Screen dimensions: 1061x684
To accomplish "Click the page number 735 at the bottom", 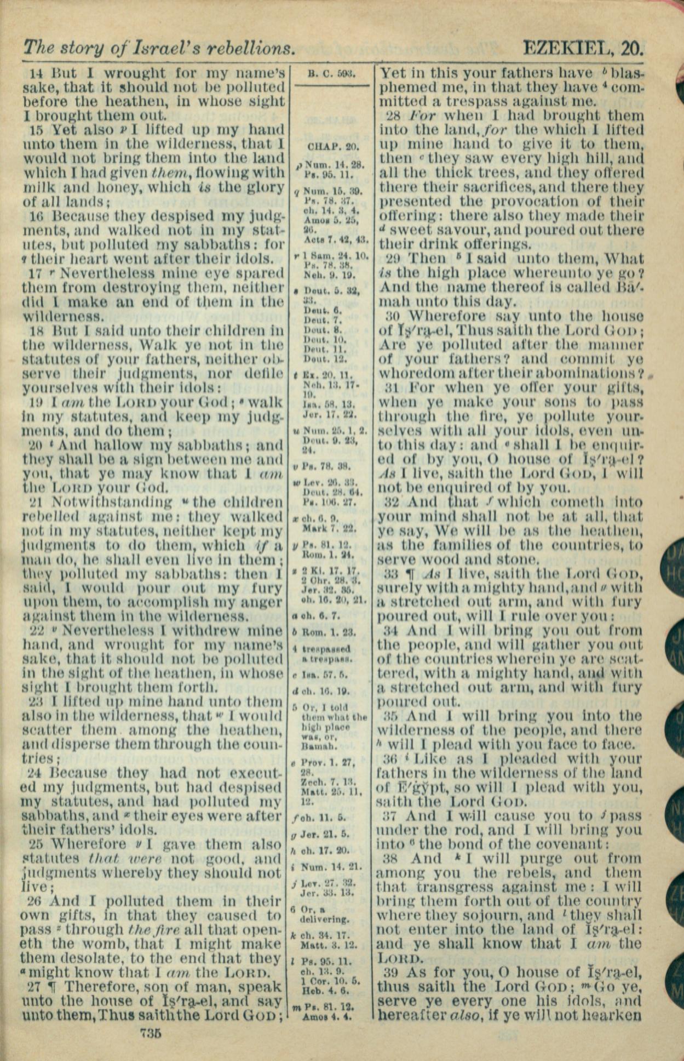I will (150, 1033).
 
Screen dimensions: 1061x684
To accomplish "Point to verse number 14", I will (37, 73).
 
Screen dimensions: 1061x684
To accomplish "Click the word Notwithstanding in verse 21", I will (111, 502).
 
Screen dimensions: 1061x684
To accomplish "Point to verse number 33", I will (390, 574).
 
